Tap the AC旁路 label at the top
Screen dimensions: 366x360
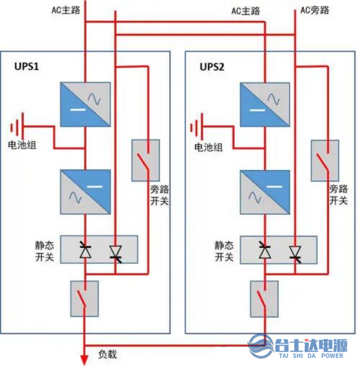click(x=315, y=10)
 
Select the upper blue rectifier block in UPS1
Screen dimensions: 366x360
click(x=85, y=104)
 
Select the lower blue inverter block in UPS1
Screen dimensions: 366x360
click(x=85, y=191)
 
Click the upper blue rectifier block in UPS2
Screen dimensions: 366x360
click(x=264, y=104)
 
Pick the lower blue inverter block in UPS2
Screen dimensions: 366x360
click(x=264, y=191)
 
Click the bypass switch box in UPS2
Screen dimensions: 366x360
click(x=321, y=159)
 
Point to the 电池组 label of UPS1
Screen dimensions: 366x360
click(x=22, y=145)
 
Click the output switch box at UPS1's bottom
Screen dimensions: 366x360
click(x=84, y=299)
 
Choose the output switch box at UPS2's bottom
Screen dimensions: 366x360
click(x=264, y=299)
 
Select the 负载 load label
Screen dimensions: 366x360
click(x=107, y=354)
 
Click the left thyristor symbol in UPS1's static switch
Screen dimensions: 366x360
click(x=85, y=250)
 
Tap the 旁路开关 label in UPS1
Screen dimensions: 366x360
click(x=159, y=195)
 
